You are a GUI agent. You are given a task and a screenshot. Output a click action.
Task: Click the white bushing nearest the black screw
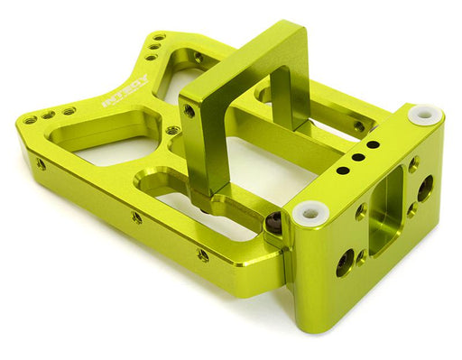click(x=310, y=213)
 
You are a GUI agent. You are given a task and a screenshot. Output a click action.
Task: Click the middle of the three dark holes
click(x=357, y=157)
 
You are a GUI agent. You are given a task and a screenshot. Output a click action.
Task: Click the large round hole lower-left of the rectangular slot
click(x=346, y=263)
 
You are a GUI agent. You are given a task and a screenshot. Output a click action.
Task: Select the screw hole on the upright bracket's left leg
click(x=189, y=111)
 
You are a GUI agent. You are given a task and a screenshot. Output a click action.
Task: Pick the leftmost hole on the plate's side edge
click(x=42, y=164)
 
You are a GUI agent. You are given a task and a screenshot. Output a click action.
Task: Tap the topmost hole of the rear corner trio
click(x=160, y=38)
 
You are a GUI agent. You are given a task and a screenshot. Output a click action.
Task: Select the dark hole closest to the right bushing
click(x=373, y=144)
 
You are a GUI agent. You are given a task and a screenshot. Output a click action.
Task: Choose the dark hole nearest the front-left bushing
click(x=343, y=170)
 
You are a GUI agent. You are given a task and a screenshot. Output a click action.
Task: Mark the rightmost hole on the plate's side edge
click(x=203, y=256)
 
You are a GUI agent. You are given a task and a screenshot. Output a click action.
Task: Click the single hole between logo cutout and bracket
click(x=171, y=132)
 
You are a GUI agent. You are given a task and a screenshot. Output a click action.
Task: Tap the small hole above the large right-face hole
click(x=413, y=166)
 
